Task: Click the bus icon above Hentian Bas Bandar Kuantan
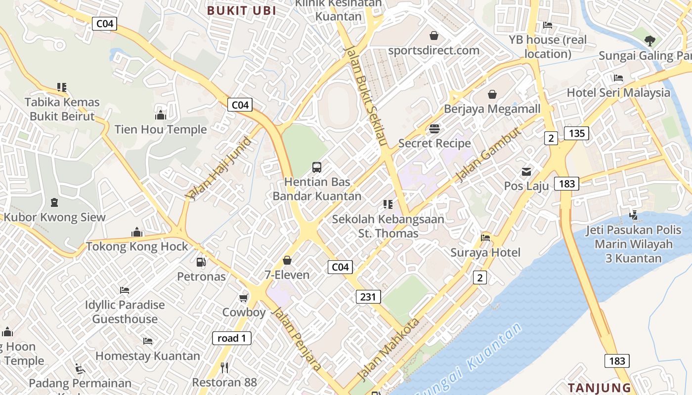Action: click(317, 167)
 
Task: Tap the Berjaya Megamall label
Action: click(492, 109)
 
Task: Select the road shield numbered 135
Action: click(576, 133)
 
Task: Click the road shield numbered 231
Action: click(368, 297)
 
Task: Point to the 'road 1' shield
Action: click(231, 338)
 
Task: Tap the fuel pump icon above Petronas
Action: click(201, 262)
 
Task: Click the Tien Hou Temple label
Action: click(161, 129)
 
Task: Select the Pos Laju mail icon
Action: click(526, 172)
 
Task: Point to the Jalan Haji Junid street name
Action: click(219, 168)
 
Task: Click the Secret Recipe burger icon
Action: click(434, 129)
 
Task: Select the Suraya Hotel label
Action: click(485, 252)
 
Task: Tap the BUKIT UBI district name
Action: click(241, 10)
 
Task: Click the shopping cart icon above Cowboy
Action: click(243, 298)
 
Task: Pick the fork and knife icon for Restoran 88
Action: click(224, 367)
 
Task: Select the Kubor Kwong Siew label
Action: click(54, 217)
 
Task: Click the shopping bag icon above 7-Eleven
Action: click(287, 260)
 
